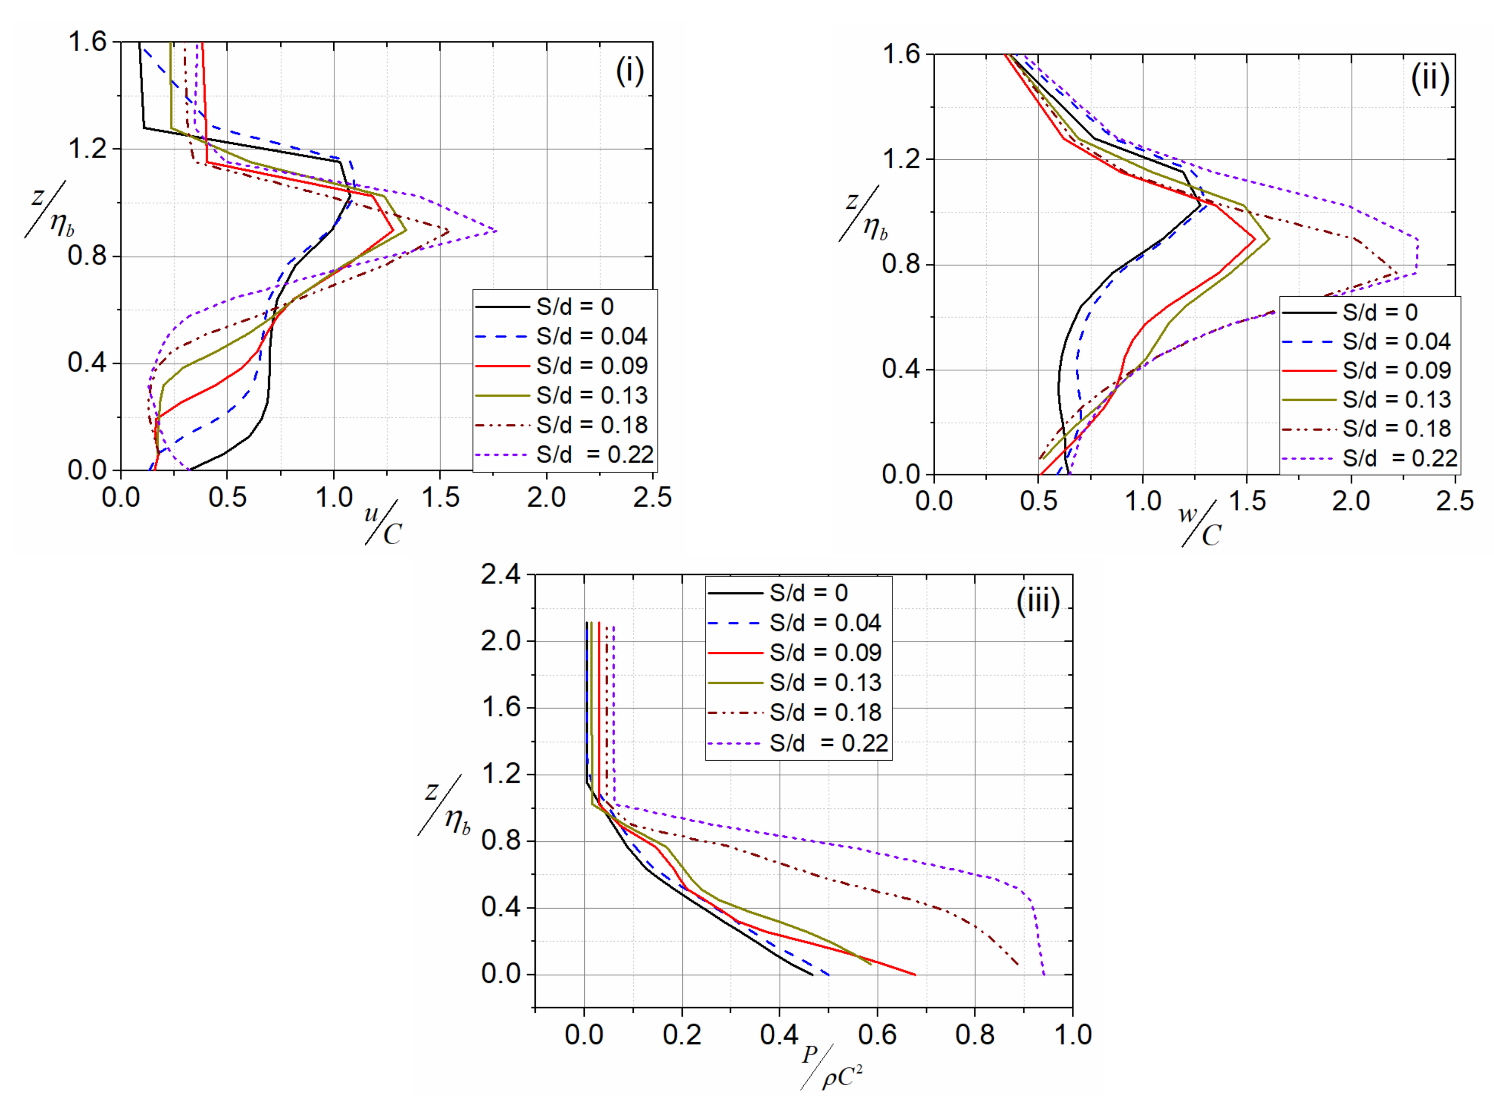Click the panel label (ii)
[1429, 79]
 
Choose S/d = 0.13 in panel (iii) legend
[825, 682]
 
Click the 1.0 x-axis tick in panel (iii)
[1072, 1034]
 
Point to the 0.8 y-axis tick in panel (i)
[87, 256]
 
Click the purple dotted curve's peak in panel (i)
[496, 231]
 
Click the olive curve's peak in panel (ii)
[1268, 239]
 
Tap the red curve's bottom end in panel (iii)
[915, 975]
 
